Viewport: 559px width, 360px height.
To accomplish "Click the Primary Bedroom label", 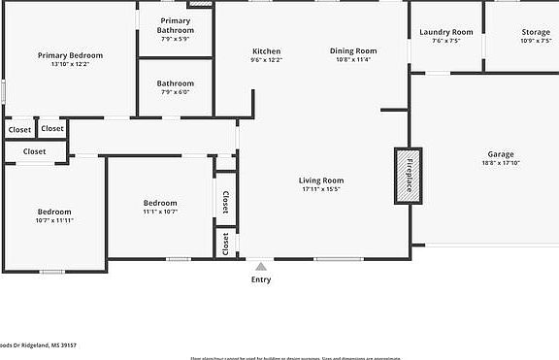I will (x=70, y=55).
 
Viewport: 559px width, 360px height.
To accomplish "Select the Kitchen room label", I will (x=266, y=51).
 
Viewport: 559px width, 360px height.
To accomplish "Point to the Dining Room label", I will (x=352, y=51).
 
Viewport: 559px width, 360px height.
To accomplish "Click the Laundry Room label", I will (x=446, y=32).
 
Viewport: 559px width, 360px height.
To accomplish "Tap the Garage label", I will (x=501, y=154).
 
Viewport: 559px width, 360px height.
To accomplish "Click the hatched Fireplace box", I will (x=408, y=176).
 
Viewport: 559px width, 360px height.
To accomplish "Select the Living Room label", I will (x=320, y=180).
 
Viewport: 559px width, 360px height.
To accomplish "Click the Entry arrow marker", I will (x=260, y=265).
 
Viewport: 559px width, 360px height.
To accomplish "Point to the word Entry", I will (x=261, y=279).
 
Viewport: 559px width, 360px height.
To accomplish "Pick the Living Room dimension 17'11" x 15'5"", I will (x=320, y=189).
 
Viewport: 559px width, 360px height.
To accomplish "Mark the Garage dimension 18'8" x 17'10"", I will (x=501, y=163).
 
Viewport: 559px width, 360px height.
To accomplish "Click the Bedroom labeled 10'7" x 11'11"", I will (x=54, y=212).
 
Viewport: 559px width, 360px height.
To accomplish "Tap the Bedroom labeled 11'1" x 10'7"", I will (x=160, y=203).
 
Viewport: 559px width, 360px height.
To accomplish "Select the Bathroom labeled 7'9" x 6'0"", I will (x=175, y=83).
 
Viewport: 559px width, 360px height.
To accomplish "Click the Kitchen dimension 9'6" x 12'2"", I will (x=266, y=60).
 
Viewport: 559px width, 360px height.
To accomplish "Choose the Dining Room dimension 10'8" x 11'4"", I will (x=352, y=60).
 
